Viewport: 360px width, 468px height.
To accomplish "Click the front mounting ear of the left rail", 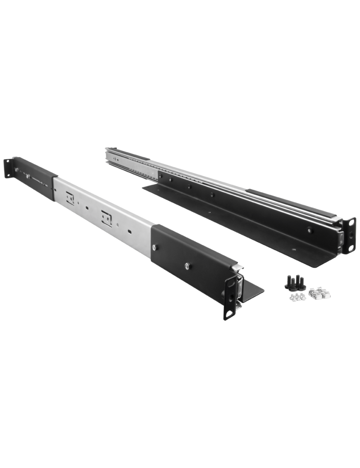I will [230, 296].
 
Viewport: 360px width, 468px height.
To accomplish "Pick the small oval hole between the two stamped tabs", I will [87, 206].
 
